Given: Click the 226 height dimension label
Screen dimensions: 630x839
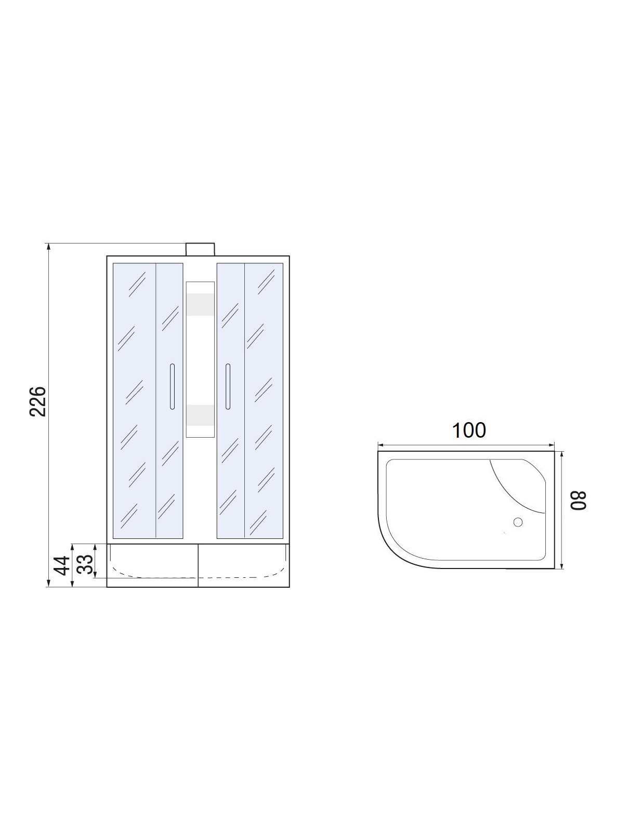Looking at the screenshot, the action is pyautogui.click(x=38, y=401).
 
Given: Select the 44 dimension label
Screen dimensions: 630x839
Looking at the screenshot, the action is pyautogui.click(x=62, y=565).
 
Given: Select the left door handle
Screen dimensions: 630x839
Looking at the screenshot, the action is pyautogui.click(x=172, y=386).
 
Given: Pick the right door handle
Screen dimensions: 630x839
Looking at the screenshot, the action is pyautogui.click(x=228, y=386).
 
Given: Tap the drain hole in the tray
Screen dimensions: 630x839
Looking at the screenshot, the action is pyautogui.click(x=518, y=522).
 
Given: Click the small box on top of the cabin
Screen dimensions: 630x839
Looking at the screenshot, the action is pyautogui.click(x=200, y=249).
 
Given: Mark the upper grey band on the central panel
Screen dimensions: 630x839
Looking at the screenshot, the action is pyautogui.click(x=200, y=305).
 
